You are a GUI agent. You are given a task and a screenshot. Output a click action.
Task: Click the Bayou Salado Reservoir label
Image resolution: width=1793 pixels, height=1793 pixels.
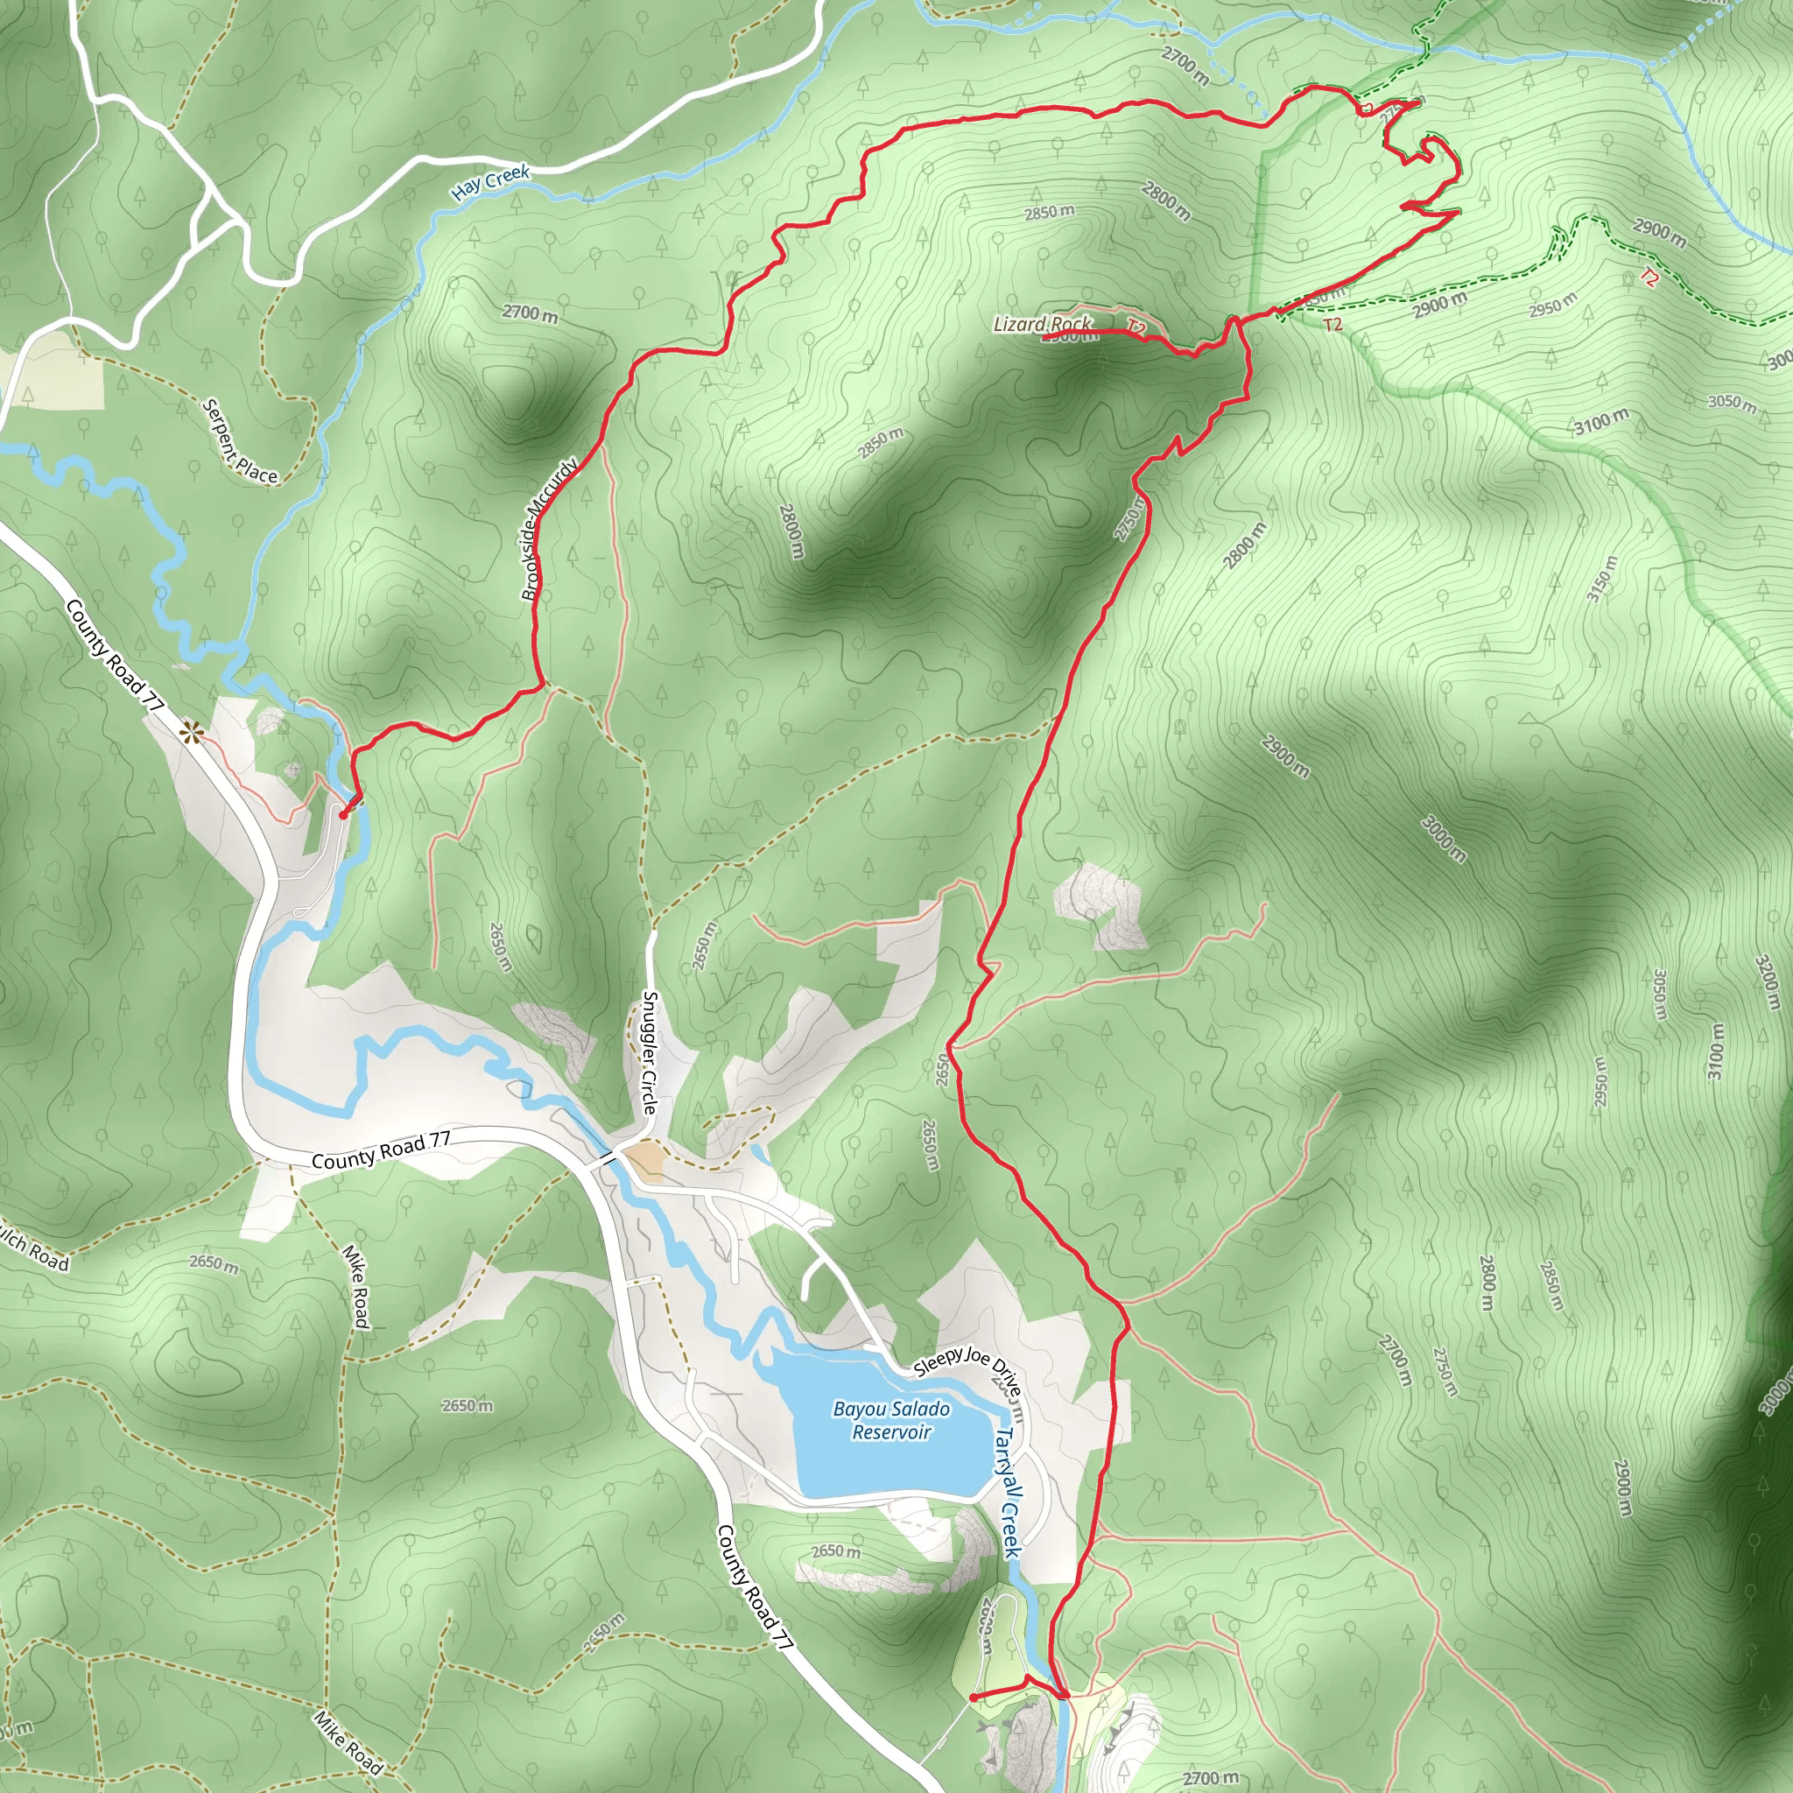[891, 1420]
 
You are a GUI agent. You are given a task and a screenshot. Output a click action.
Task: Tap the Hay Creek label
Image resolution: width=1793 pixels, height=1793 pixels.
[490, 182]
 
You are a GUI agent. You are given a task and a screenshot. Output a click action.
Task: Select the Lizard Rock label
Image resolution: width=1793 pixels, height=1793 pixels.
[1041, 324]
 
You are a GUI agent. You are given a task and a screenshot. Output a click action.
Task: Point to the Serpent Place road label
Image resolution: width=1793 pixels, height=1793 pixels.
[239, 441]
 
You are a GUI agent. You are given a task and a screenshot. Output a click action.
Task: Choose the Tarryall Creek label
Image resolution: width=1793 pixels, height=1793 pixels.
[1008, 1493]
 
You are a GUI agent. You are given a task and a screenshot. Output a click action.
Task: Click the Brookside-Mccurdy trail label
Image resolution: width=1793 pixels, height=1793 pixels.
[550, 529]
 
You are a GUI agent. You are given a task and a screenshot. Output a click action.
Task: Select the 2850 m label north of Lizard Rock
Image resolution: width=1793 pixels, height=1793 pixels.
[1049, 213]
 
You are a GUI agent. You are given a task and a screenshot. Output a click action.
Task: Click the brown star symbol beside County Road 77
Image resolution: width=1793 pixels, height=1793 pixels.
[192, 733]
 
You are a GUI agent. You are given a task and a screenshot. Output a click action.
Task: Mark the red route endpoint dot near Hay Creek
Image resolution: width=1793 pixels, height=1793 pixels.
[342, 814]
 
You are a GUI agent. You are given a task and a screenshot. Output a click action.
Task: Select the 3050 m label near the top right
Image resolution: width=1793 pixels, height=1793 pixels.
[1731, 402]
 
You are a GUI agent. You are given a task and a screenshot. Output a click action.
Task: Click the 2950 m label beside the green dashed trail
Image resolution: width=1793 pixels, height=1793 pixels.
[1552, 304]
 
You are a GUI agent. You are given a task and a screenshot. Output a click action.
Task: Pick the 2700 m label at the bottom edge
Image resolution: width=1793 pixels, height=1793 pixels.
[1209, 1777]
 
